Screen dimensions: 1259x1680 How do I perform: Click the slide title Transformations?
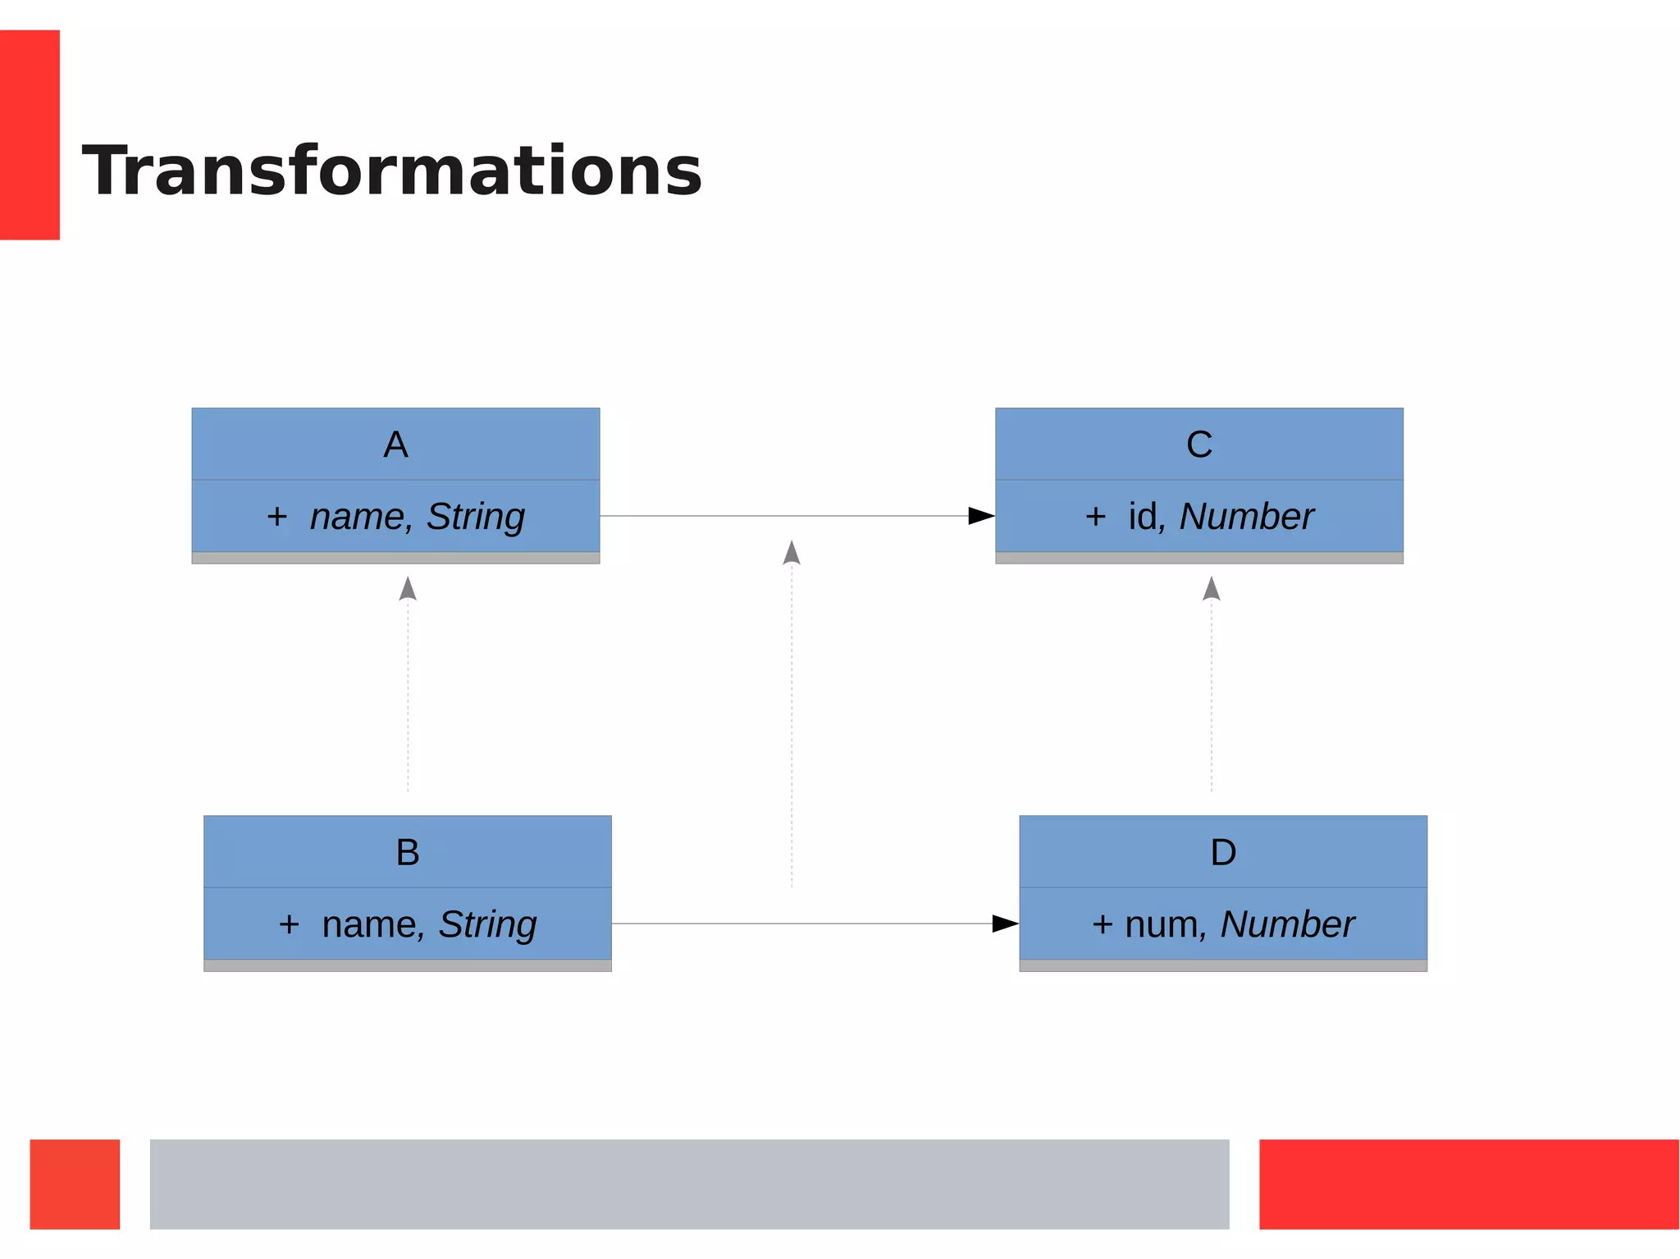pos(392,171)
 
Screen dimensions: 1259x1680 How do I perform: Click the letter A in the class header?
pos(395,445)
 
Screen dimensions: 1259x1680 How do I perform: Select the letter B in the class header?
pos(408,852)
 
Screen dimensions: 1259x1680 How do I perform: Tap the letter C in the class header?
pos(1198,445)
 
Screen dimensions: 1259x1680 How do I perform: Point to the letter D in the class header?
pos(1223,852)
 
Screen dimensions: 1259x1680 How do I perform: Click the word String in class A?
pos(476,517)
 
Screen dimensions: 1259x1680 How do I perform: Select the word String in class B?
pos(488,924)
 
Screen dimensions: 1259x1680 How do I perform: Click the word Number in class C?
pos(1247,517)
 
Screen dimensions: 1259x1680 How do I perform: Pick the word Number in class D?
pos(1287,924)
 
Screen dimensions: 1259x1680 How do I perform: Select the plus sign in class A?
pos(277,517)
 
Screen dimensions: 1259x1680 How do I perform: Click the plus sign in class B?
pos(289,924)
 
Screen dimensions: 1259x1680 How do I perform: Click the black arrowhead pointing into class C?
pos(981,516)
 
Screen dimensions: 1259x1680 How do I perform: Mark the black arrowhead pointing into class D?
pos(1005,924)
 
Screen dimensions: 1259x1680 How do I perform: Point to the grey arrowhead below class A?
pos(408,589)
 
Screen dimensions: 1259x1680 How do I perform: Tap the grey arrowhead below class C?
pos(1212,589)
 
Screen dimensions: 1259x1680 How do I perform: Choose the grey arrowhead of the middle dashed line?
pos(792,553)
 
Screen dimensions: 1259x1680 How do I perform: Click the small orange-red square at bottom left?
pos(75,1184)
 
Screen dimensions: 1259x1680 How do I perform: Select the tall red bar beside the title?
pos(30,135)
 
